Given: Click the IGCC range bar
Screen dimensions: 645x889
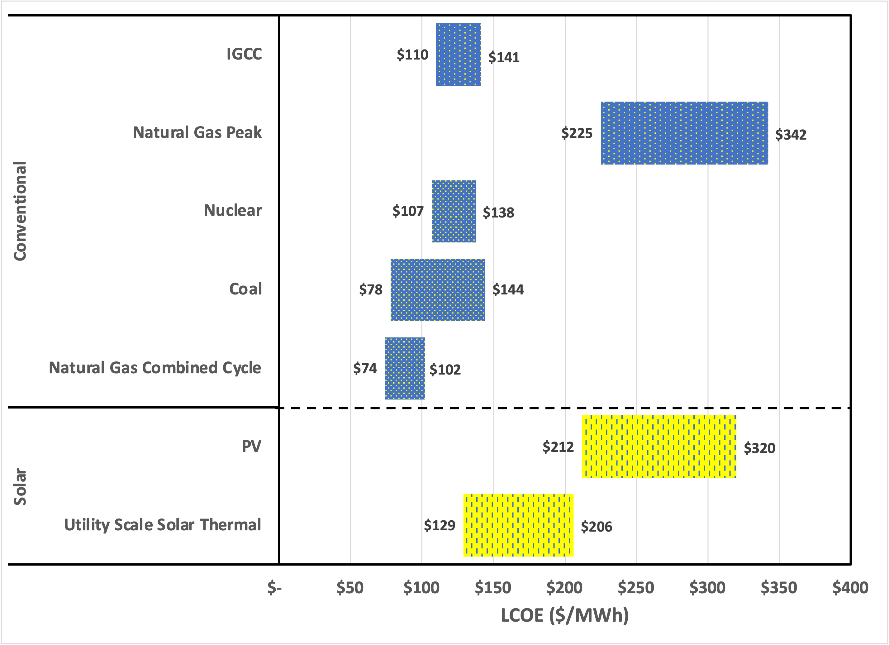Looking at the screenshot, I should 458,55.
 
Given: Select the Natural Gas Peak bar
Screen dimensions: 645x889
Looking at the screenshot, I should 684,133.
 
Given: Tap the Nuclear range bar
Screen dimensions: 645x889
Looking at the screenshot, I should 454,211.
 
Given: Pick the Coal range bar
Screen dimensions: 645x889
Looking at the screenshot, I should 437,290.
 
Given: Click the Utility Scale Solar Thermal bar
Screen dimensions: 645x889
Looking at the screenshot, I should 518,525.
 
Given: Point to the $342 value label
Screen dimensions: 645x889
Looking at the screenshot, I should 791,135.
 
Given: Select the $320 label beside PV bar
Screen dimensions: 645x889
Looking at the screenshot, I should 759,448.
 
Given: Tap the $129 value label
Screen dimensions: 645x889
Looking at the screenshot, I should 440,525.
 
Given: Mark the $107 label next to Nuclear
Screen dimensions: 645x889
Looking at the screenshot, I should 408,211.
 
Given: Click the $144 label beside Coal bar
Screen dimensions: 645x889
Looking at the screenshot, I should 508,290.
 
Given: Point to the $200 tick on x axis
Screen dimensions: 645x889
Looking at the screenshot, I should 564,588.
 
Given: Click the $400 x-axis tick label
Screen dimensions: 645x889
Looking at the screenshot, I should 850,588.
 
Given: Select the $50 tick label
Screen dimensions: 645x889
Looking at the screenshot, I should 350,588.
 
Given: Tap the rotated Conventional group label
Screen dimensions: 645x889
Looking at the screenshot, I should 20,211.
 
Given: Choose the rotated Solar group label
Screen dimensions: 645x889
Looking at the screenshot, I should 20,487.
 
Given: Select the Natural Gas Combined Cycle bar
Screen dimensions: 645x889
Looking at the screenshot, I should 405,368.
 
